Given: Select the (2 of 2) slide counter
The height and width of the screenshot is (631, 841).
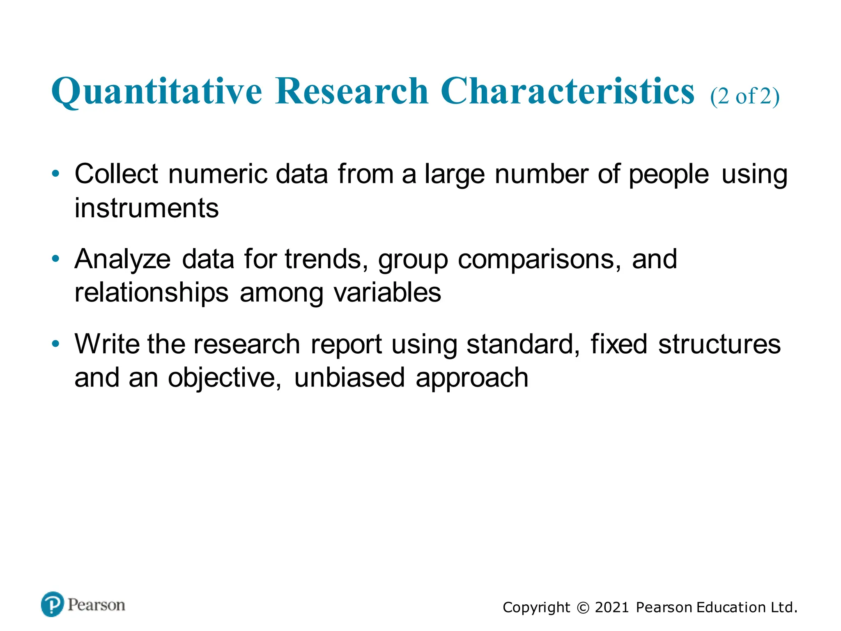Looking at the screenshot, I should coord(744,97).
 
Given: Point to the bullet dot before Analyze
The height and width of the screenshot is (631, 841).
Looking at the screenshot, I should coord(56,258).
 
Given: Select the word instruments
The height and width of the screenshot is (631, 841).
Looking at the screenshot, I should coord(146,208).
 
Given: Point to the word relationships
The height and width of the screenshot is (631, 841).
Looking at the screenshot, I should coord(151,293).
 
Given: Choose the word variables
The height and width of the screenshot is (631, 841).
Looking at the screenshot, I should coord(387,293).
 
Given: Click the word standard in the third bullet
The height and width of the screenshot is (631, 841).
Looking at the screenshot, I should coord(522,344).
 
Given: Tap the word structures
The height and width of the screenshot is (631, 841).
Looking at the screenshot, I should coord(719,344).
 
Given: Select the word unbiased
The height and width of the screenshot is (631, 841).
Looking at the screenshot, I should coord(349,378).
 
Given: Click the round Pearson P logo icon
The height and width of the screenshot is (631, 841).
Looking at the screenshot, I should coord(53,604).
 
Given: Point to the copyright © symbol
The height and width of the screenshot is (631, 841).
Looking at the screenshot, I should coord(583,608).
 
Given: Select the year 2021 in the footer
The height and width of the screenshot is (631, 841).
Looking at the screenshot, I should coord(612,607).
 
